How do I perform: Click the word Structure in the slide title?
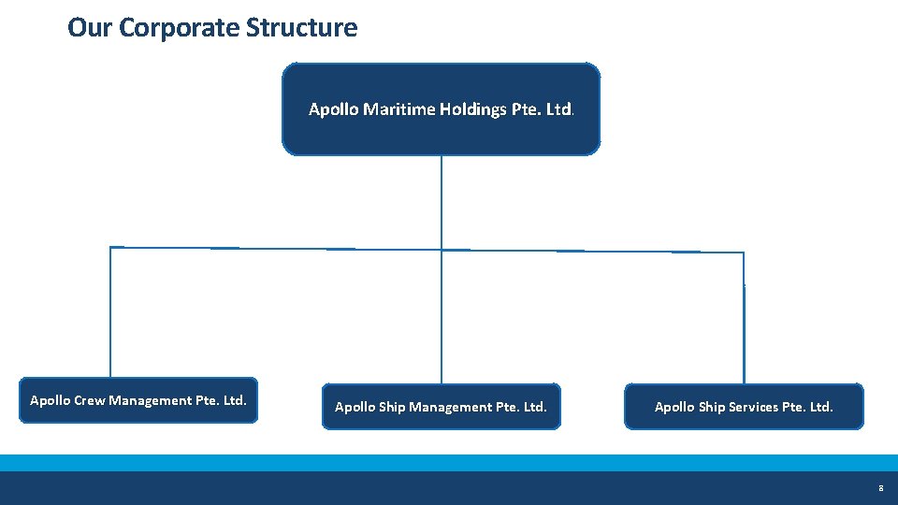[x=301, y=28]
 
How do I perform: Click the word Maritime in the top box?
[x=400, y=109]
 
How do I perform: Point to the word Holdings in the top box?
[x=474, y=109]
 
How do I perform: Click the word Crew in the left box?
[x=90, y=400]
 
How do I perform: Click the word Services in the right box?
[x=753, y=407]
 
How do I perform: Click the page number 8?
[x=880, y=488]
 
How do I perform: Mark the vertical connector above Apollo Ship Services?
[x=745, y=318]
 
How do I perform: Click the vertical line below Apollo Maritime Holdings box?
[x=442, y=201]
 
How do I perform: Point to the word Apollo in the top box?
[x=333, y=109]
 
